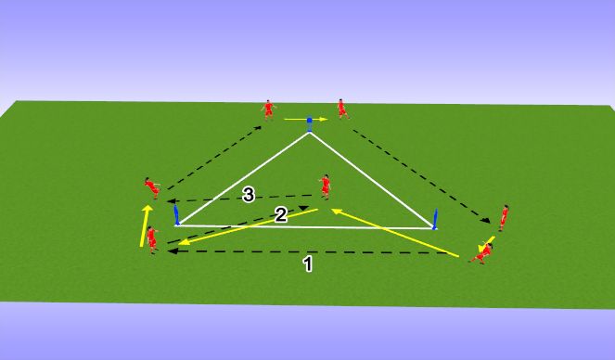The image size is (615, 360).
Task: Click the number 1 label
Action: (x=308, y=264)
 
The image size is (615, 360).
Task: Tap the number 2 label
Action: (x=281, y=215)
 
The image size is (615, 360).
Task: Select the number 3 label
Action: (x=247, y=195)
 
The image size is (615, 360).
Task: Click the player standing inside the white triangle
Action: (x=325, y=186)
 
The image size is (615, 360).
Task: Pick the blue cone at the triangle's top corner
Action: (x=309, y=122)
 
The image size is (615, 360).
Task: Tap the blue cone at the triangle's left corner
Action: (x=176, y=216)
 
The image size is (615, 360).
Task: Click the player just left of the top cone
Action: (x=268, y=109)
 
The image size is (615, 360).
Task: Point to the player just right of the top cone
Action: (x=342, y=109)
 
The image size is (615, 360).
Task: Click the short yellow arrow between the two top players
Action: (x=306, y=119)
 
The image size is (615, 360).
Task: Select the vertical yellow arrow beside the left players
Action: (x=145, y=225)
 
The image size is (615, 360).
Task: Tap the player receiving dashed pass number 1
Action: (x=152, y=239)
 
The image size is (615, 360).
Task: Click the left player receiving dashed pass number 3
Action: (x=152, y=188)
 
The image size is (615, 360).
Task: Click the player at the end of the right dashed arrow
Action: (x=504, y=217)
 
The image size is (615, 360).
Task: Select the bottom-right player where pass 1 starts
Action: (x=481, y=251)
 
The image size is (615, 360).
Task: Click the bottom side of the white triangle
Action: (x=306, y=226)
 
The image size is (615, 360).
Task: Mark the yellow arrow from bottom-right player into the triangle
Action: (x=394, y=232)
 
